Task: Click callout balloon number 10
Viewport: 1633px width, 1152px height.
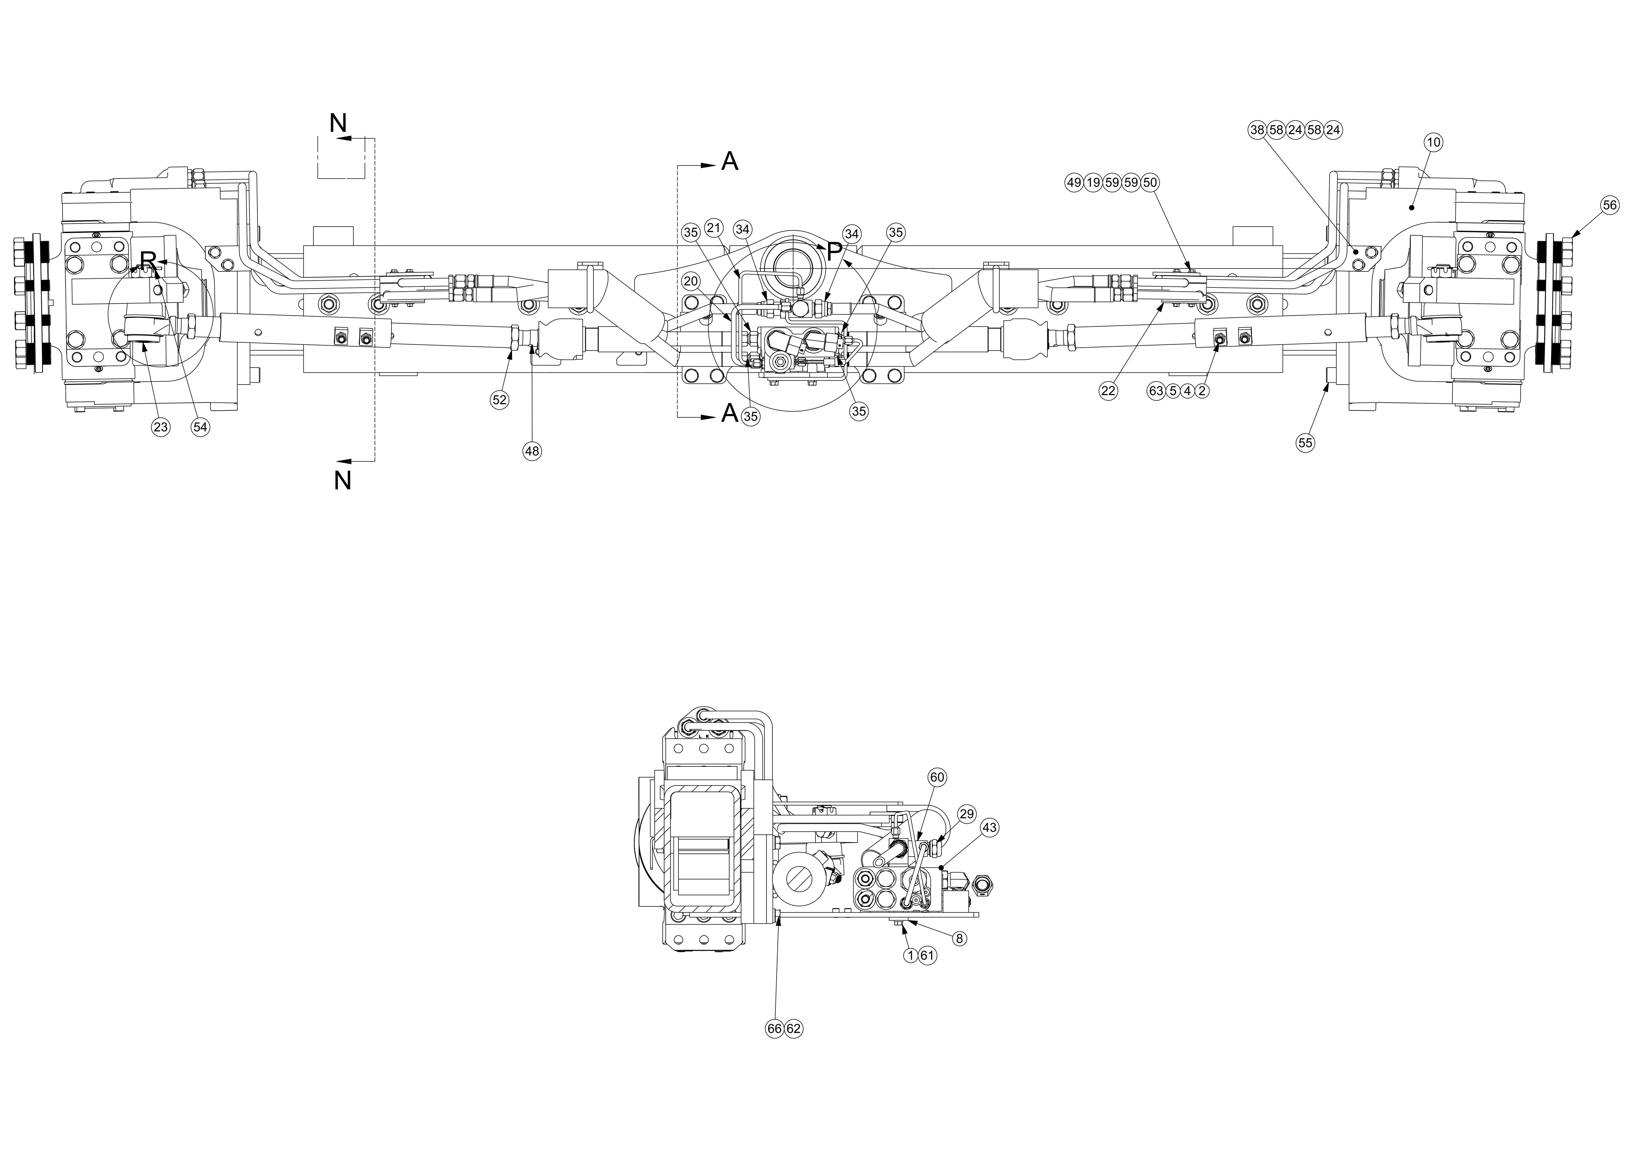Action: pos(1433,142)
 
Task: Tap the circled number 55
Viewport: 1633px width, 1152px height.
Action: pos(1305,442)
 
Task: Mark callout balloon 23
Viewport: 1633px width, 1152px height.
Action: pos(161,427)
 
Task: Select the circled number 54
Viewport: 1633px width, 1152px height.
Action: pos(201,427)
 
